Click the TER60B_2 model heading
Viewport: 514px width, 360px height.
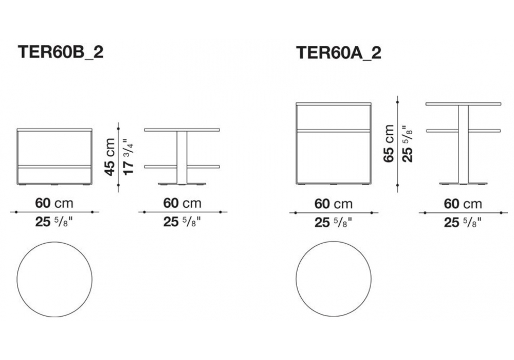pyautogui.click(x=61, y=52)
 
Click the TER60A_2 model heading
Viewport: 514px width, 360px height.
pyautogui.click(x=339, y=52)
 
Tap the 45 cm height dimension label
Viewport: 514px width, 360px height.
pyautogui.click(x=110, y=157)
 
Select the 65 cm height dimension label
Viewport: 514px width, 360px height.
pyautogui.click(x=389, y=143)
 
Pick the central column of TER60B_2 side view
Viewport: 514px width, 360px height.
pyautogui.click(x=181, y=157)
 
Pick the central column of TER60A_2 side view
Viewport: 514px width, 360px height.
pyautogui.click(x=463, y=145)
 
